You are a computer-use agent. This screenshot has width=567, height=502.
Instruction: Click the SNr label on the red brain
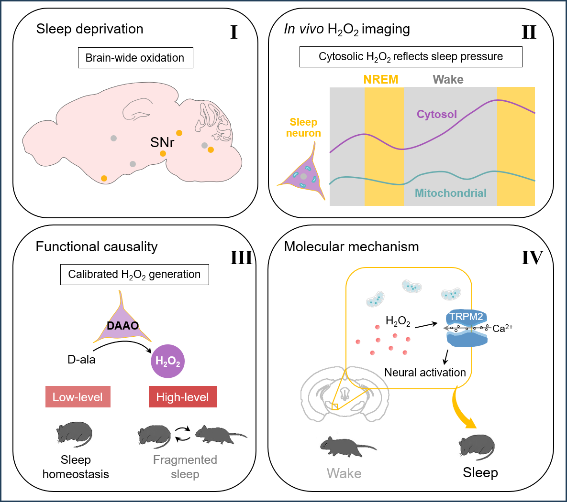[x=162, y=142]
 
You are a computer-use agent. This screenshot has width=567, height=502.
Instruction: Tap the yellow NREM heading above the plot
[x=381, y=80]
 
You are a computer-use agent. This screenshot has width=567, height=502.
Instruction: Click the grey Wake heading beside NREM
[x=448, y=80]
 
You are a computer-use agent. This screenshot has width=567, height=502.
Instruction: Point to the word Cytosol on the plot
[x=436, y=114]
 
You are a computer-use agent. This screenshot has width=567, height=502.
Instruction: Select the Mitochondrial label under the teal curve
[x=450, y=193]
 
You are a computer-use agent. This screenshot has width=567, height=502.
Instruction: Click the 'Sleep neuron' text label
[x=303, y=128]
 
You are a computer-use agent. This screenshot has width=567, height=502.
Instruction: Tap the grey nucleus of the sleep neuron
[x=303, y=176]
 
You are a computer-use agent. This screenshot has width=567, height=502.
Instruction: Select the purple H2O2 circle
[x=167, y=361]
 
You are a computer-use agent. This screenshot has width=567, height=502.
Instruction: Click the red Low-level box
[x=78, y=397]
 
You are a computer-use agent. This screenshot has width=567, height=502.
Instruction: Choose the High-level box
[x=182, y=397]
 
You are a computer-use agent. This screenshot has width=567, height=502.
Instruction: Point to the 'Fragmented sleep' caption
[x=185, y=467]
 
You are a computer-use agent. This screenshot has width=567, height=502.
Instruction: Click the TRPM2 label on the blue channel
[x=466, y=317]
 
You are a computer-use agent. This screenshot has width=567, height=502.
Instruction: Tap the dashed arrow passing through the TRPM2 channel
[x=467, y=328]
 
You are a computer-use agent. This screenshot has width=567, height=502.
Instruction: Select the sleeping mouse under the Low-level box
[x=74, y=434]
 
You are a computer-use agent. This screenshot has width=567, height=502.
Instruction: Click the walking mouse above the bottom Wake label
[x=352, y=446]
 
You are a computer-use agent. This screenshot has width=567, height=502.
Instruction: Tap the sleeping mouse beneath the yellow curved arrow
[x=476, y=447]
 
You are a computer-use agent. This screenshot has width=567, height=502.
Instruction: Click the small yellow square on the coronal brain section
[x=335, y=406]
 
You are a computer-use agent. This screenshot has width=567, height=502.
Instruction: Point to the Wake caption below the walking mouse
[x=344, y=473]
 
